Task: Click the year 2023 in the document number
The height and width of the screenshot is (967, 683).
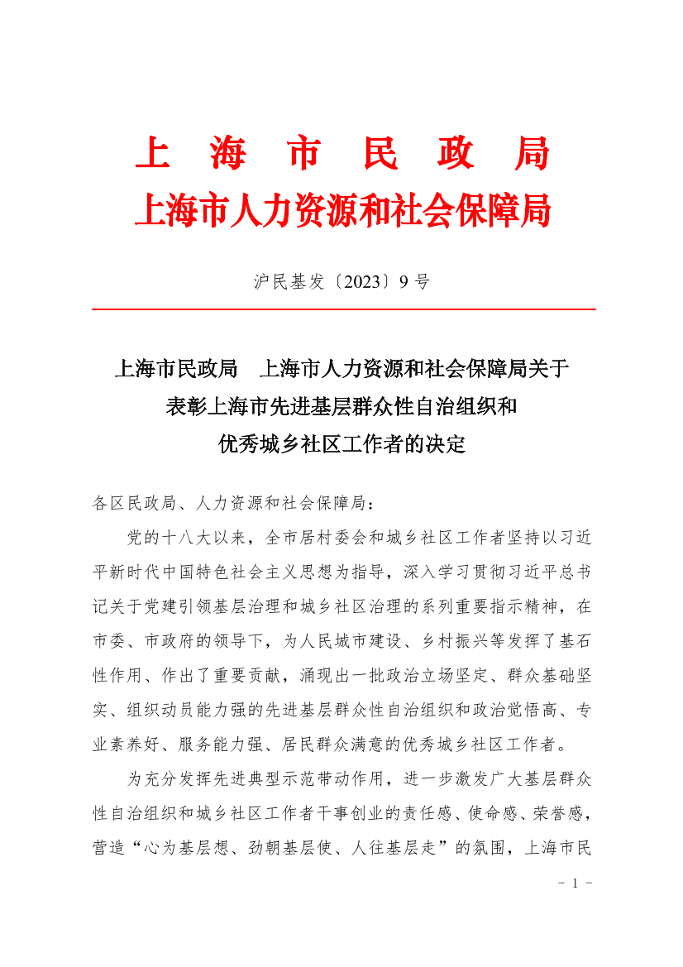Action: tap(351, 282)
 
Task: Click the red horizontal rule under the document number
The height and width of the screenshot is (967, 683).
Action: tap(343, 309)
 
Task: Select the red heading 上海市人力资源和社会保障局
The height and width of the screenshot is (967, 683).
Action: tap(342, 212)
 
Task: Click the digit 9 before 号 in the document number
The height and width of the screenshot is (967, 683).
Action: tap(403, 282)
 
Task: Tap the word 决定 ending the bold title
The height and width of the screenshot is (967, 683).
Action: tap(447, 445)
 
